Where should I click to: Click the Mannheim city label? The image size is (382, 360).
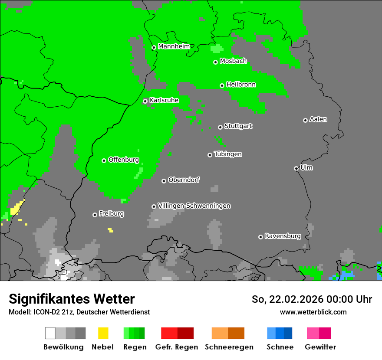point(175,46)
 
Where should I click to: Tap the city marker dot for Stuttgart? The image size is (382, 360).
point(220,127)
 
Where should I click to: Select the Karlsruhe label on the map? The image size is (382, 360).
point(164,100)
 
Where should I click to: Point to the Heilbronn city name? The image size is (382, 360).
point(241,85)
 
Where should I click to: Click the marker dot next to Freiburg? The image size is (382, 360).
point(95,215)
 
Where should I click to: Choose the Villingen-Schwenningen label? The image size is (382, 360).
point(194,206)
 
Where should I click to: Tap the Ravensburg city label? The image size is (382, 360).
point(283,236)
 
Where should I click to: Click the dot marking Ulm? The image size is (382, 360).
point(296,168)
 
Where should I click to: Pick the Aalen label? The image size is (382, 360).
point(318,119)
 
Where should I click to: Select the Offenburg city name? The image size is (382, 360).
point(123,160)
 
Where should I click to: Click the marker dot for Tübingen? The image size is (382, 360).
point(210,155)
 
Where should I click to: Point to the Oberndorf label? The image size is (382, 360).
point(184,180)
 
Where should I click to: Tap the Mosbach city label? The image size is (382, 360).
point(233,61)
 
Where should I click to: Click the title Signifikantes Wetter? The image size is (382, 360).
point(72,299)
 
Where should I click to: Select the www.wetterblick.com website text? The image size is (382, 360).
point(313,312)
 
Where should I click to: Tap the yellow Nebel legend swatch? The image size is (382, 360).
point(103,333)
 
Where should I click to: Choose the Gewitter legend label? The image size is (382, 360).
point(320,347)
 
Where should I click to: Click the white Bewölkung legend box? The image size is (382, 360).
point(50,333)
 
